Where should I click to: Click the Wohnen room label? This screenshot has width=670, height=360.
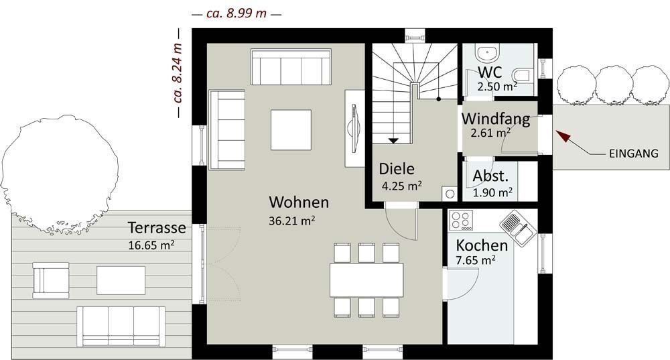click(299, 202)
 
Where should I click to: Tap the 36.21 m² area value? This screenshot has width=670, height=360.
click(292, 221)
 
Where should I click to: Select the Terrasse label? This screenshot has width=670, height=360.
click(157, 227)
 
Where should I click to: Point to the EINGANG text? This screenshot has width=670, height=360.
click(633, 154)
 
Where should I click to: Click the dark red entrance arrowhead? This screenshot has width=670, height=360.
click(562, 135)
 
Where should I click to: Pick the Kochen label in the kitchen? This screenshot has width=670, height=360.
click(482, 245)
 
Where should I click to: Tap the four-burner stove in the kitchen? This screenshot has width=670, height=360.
click(461, 220)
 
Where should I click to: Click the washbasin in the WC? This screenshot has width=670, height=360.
click(487, 54)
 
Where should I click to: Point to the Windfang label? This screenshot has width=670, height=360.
click(496, 119)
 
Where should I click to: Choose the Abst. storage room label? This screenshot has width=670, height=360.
click(490, 176)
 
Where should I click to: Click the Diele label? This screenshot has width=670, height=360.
click(397, 169)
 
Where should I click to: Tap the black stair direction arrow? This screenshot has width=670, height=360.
click(393, 141)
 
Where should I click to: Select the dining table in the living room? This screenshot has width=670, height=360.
click(366, 280)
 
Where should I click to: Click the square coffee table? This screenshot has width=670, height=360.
click(291, 130)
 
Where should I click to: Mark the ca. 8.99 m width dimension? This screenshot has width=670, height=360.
click(237, 13)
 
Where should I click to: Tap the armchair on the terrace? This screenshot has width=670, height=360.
click(51, 280)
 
